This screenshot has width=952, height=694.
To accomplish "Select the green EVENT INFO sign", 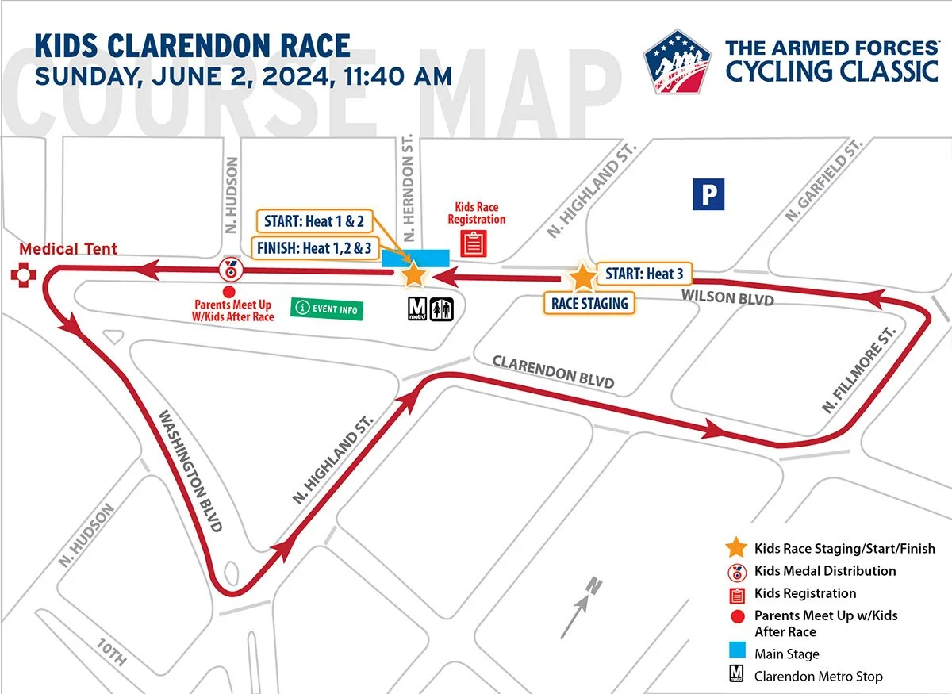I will (x=328, y=309).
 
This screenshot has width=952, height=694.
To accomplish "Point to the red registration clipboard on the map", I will (x=474, y=243).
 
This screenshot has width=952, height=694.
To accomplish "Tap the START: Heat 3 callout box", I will (x=643, y=274).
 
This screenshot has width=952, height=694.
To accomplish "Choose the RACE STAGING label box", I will (x=589, y=302).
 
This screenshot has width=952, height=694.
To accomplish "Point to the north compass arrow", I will (x=583, y=608).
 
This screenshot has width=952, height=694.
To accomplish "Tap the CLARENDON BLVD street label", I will (x=553, y=371).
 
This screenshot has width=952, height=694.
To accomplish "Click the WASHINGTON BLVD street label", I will (x=190, y=470).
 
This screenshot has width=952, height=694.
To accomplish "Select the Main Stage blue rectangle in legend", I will (x=735, y=654).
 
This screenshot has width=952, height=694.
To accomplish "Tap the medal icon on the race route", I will (x=229, y=269).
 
